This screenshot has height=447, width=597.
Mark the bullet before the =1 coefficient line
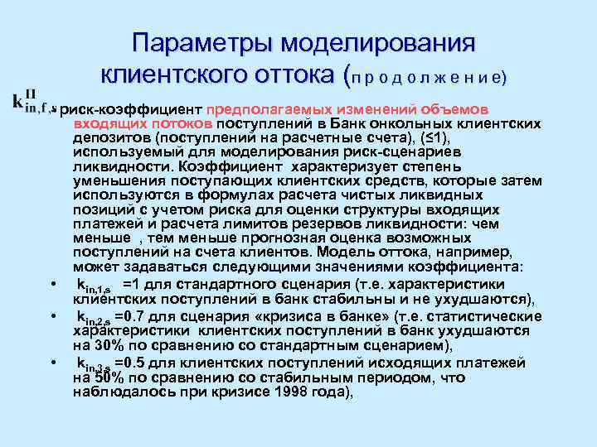coord(51,285)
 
